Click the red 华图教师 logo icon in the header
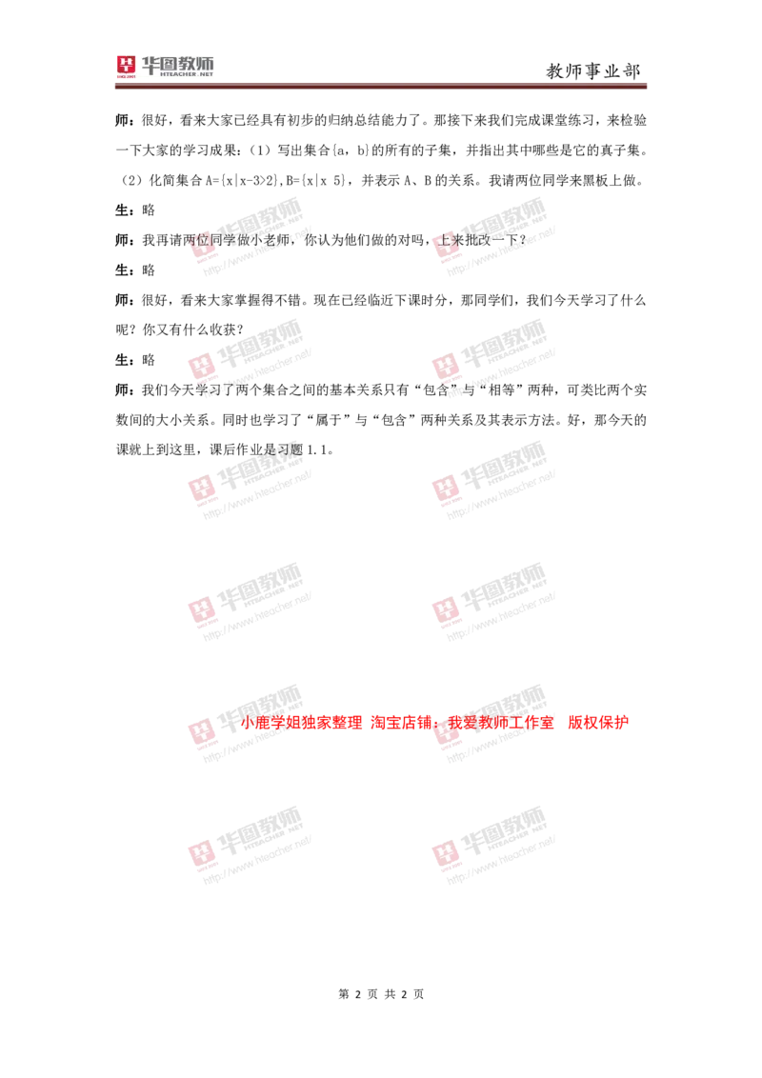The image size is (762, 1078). (126, 66)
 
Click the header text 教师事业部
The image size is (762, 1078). (592, 70)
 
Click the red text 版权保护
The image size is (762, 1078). (598, 723)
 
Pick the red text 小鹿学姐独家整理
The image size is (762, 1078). (301, 723)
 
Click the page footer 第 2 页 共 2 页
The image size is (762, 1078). (381, 994)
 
